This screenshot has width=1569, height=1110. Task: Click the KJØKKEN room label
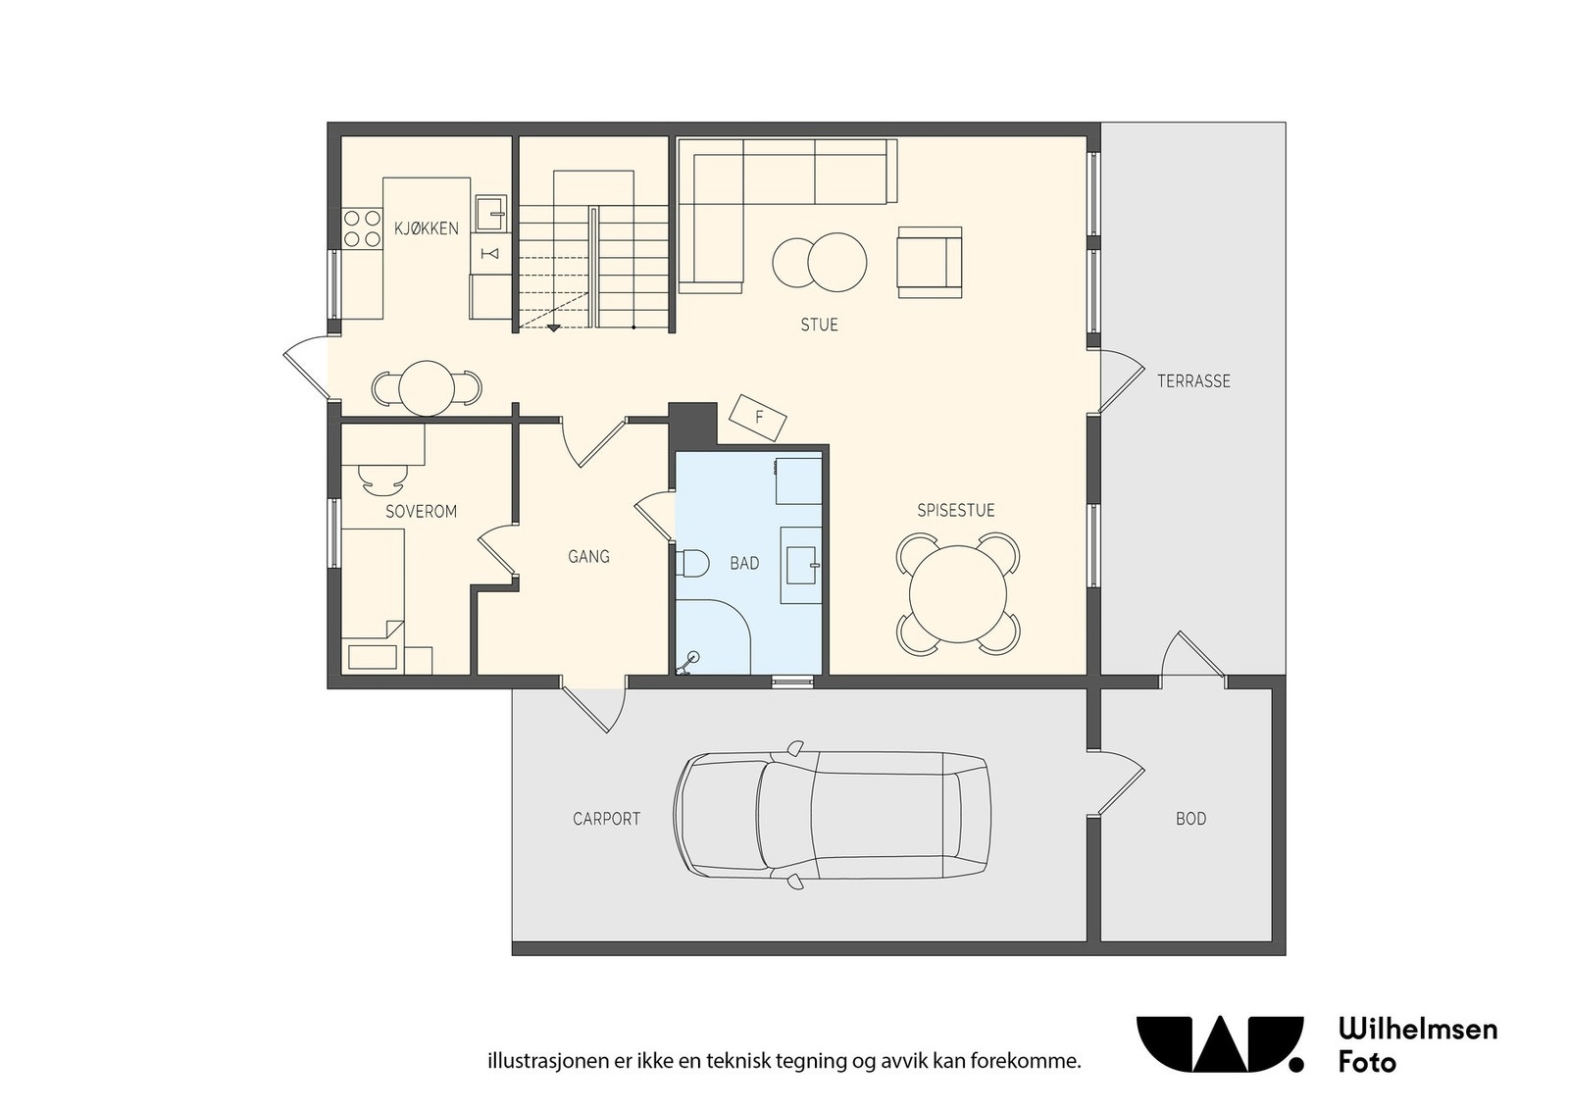(x=426, y=228)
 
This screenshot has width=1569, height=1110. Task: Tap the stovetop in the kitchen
(x=361, y=227)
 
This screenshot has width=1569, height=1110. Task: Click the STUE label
(x=819, y=325)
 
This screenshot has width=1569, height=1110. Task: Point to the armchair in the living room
(x=929, y=262)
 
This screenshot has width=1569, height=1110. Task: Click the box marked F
(x=758, y=418)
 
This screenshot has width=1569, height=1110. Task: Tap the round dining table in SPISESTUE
(x=957, y=594)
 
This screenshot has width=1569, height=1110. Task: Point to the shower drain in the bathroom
(x=693, y=658)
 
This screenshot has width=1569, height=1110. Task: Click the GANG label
(x=588, y=556)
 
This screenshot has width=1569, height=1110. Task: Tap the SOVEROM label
(x=421, y=511)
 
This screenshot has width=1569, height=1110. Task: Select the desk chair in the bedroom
(x=383, y=478)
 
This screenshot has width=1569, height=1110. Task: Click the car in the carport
(x=832, y=815)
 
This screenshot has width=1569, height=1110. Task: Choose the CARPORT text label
(x=606, y=819)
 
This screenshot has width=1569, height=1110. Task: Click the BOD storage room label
(x=1190, y=819)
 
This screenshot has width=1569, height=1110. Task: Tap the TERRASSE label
(x=1192, y=381)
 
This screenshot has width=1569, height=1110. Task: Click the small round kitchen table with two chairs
(x=427, y=388)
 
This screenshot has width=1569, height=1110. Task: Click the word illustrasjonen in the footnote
(x=535, y=1061)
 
